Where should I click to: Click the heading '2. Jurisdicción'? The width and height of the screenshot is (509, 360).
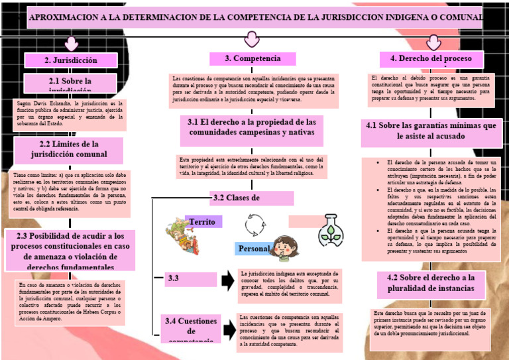pos(71,60)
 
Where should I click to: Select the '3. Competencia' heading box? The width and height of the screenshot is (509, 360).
pos(253,59)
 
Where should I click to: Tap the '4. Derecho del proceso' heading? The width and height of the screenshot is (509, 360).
pos(431,59)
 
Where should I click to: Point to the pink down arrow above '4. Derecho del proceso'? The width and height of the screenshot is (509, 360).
pos(433,42)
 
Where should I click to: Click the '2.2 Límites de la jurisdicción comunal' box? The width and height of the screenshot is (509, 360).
pos(69,149)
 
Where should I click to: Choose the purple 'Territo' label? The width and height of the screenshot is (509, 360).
pos(203,221)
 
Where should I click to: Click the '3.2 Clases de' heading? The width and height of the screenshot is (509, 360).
pos(243,198)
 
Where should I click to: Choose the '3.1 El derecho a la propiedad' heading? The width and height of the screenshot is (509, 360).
pos(251,128)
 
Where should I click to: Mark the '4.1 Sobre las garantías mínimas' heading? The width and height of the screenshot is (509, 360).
pos(431,131)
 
